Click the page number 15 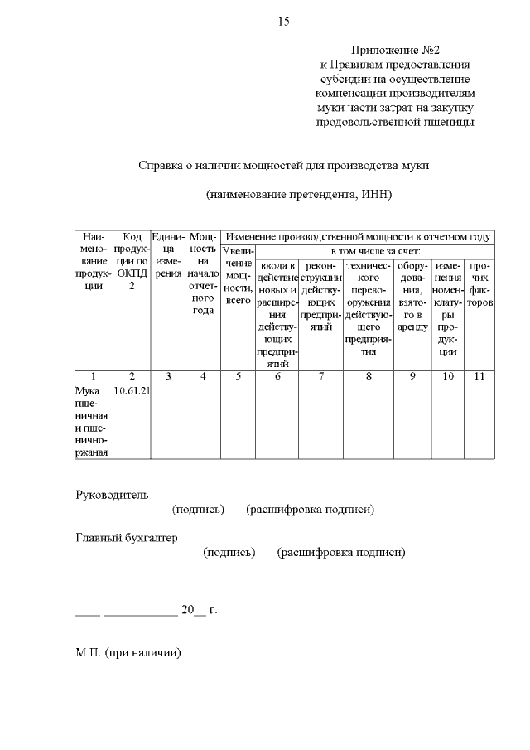[284, 21]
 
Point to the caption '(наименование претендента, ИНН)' [299, 195]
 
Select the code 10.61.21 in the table [131, 390]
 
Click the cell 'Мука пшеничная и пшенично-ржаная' [92, 420]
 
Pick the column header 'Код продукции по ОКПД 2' [131, 261]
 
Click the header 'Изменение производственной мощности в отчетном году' [358, 237]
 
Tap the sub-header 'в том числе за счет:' [375, 250]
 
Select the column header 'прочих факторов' [479, 284]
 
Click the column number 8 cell [369, 376]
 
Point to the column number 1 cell [92, 376]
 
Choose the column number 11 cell [479, 376]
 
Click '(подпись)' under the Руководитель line [198, 509]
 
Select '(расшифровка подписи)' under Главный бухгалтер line [342, 552]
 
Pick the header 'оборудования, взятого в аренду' [412, 296]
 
